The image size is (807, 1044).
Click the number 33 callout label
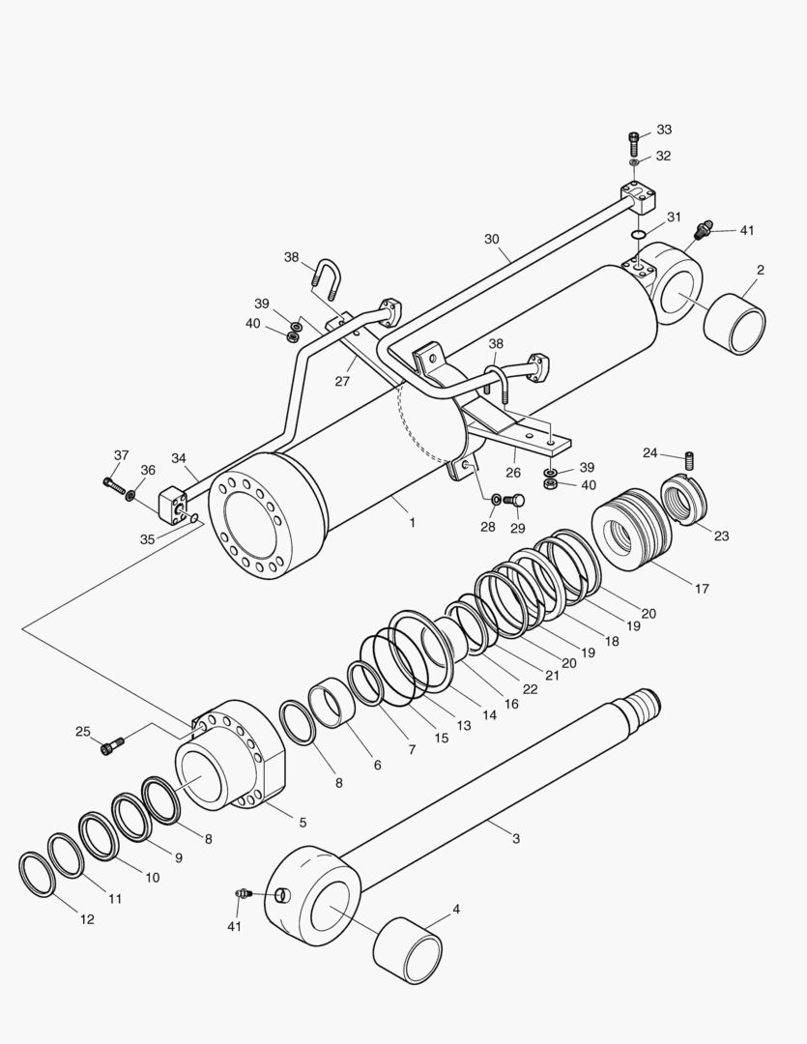(x=664, y=130)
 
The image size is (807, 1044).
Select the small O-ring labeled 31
(x=638, y=234)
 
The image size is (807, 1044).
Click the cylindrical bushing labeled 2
(x=735, y=324)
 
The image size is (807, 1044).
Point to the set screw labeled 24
(x=690, y=460)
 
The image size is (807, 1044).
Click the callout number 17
(x=702, y=589)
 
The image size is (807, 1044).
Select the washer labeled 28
(x=496, y=500)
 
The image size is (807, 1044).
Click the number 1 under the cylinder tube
(x=412, y=523)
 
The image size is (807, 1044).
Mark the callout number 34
(x=179, y=458)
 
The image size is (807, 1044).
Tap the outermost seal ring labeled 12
(x=38, y=874)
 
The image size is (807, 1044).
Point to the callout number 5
(x=303, y=823)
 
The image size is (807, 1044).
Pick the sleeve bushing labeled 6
(x=334, y=703)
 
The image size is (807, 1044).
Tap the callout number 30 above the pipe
(x=491, y=239)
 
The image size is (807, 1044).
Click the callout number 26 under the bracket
(x=512, y=472)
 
